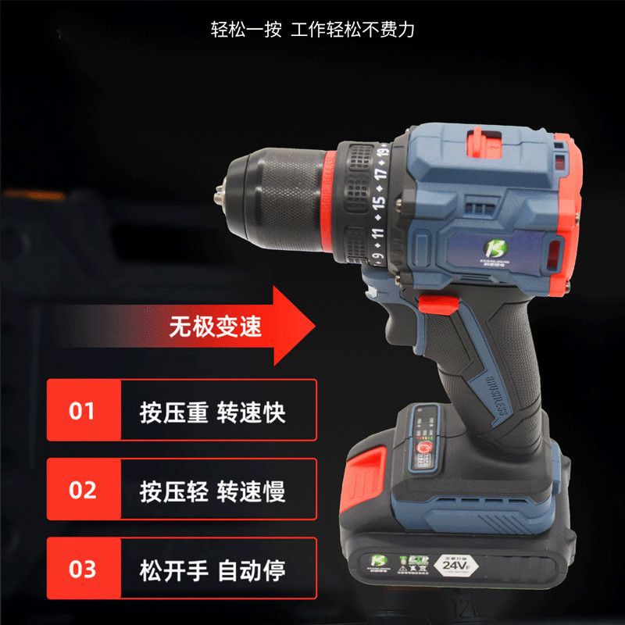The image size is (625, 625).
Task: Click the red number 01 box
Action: pyautogui.click(x=82, y=411)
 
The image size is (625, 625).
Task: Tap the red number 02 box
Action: pyautogui.click(x=82, y=491)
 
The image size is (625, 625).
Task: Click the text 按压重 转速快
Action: pyautogui.click(x=212, y=411)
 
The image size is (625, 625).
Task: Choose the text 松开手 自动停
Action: pyautogui.click(x=212, y=570)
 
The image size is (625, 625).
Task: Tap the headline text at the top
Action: pyautogui.click(x=312, y=30)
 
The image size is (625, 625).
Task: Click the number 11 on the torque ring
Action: pyautogui.click(x=378, y=233)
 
